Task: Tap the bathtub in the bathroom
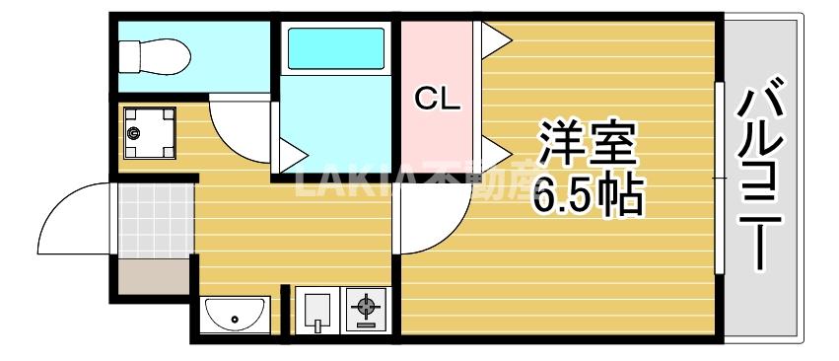click(x=335, y=48)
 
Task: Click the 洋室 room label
click(x=588, y=146)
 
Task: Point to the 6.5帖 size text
click(x=588, y=196)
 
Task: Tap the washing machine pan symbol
click(x=149, y=133)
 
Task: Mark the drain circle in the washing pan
click(x=135, y=133)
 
